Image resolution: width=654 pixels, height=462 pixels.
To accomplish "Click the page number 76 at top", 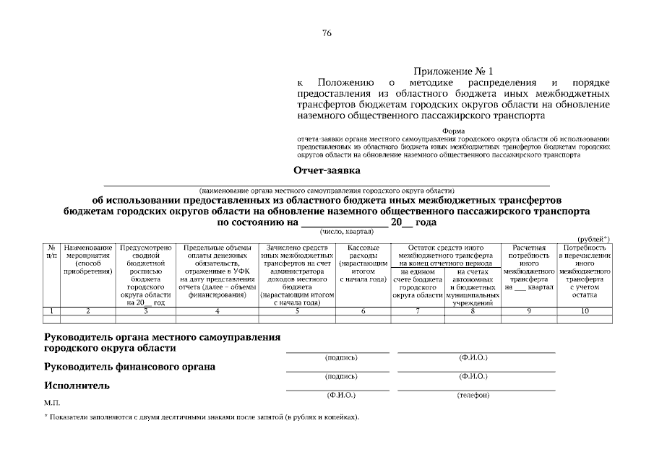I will click(327, 33).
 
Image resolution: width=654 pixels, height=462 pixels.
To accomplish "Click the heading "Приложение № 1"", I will click(452, 71).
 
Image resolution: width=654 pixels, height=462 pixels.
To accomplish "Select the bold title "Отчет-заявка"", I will click(327, 171).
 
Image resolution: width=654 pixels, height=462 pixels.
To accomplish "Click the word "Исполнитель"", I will click(77, 385).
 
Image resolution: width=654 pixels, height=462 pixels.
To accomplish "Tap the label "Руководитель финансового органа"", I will click(130, 367).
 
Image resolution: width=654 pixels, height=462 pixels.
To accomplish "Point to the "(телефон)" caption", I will click(474, 395).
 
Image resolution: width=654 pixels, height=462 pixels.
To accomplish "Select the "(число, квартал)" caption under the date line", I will click(346, 232).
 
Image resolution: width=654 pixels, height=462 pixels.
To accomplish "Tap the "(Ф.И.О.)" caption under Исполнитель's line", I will click(341, 395).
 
